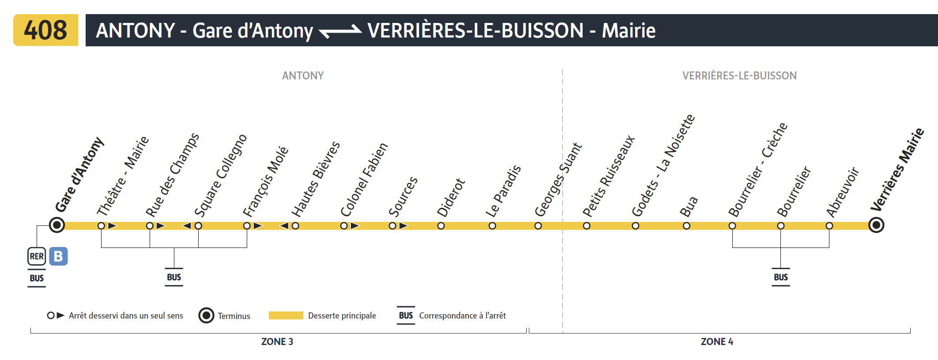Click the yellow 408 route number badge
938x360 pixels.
[45, 30]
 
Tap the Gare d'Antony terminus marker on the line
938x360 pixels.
[57, 225]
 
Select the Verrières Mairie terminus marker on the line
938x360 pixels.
[876, 225]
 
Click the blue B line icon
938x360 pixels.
[58, 256]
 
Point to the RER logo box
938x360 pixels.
[37, 256]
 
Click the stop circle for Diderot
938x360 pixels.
[441, 226]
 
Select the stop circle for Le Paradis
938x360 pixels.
[492, 226]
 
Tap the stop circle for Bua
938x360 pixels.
[686, 226]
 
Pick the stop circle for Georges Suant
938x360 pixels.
[538, 226]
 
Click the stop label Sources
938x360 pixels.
[403, 196]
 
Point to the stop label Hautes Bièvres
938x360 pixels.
[315, 179]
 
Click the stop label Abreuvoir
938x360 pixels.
[842, 192]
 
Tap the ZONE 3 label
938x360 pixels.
[277, 341]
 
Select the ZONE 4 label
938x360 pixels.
[717, 341]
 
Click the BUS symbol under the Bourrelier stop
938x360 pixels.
[780, 277]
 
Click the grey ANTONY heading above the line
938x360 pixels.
[303, 76]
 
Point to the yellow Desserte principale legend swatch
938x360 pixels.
[286, 315]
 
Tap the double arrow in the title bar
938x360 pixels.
[340, 31]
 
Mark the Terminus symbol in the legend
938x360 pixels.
[206, 315]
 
